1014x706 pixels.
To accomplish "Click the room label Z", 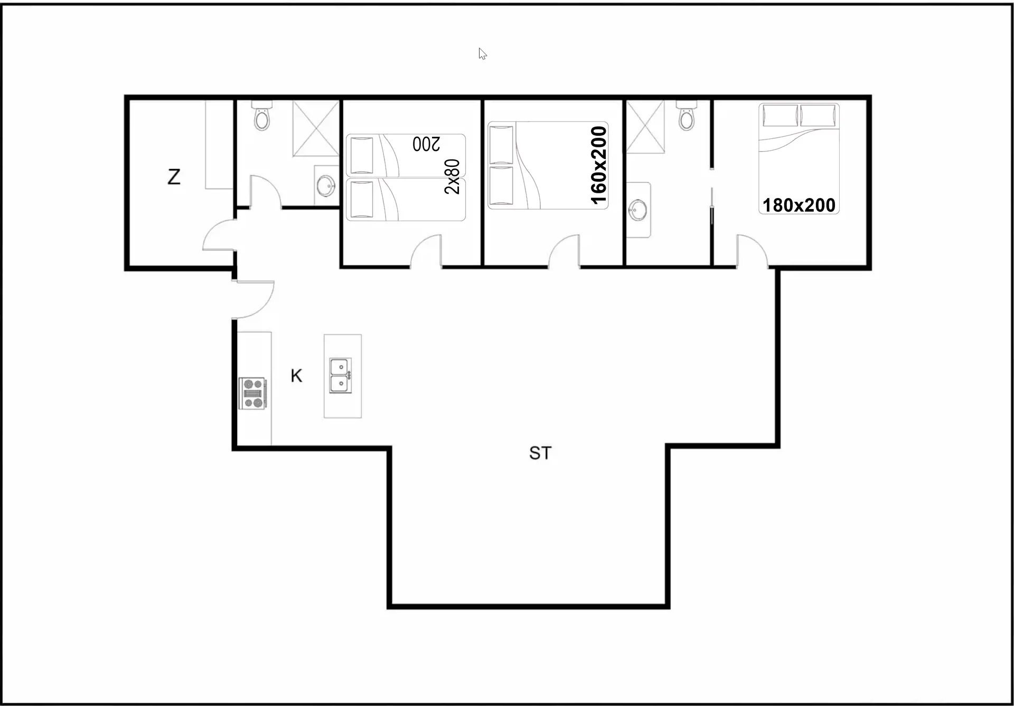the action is [x=174, y=176].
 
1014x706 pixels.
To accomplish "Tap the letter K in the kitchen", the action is [x=296, y=375].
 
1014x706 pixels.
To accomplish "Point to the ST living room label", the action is [x=540, y=453].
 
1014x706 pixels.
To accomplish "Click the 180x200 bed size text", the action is [x=799, y=205].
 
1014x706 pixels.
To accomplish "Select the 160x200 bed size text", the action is [x=598, y=165].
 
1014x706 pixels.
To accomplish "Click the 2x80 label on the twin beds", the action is [x=452, y=176].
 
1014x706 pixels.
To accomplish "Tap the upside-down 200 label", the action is [x=426, y=144].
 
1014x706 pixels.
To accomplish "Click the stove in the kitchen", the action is [x=252, y=393].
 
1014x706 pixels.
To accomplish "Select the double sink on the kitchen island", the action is [x=340, y=375].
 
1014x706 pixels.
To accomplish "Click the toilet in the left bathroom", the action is [x=261, y=116].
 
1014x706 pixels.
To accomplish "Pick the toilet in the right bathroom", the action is [x=687, y=116].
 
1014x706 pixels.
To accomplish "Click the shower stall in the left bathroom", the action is [x=316, y=128].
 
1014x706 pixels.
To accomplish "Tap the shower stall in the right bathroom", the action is [x=645, y=127].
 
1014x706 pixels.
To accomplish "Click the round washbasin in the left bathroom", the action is [x=325, y=185].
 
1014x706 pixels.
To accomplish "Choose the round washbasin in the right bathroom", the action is [x=637, y=210].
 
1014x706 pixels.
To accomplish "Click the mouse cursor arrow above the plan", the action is [x=482, y=53].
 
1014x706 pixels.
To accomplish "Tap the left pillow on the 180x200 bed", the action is [x=780, y=116].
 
